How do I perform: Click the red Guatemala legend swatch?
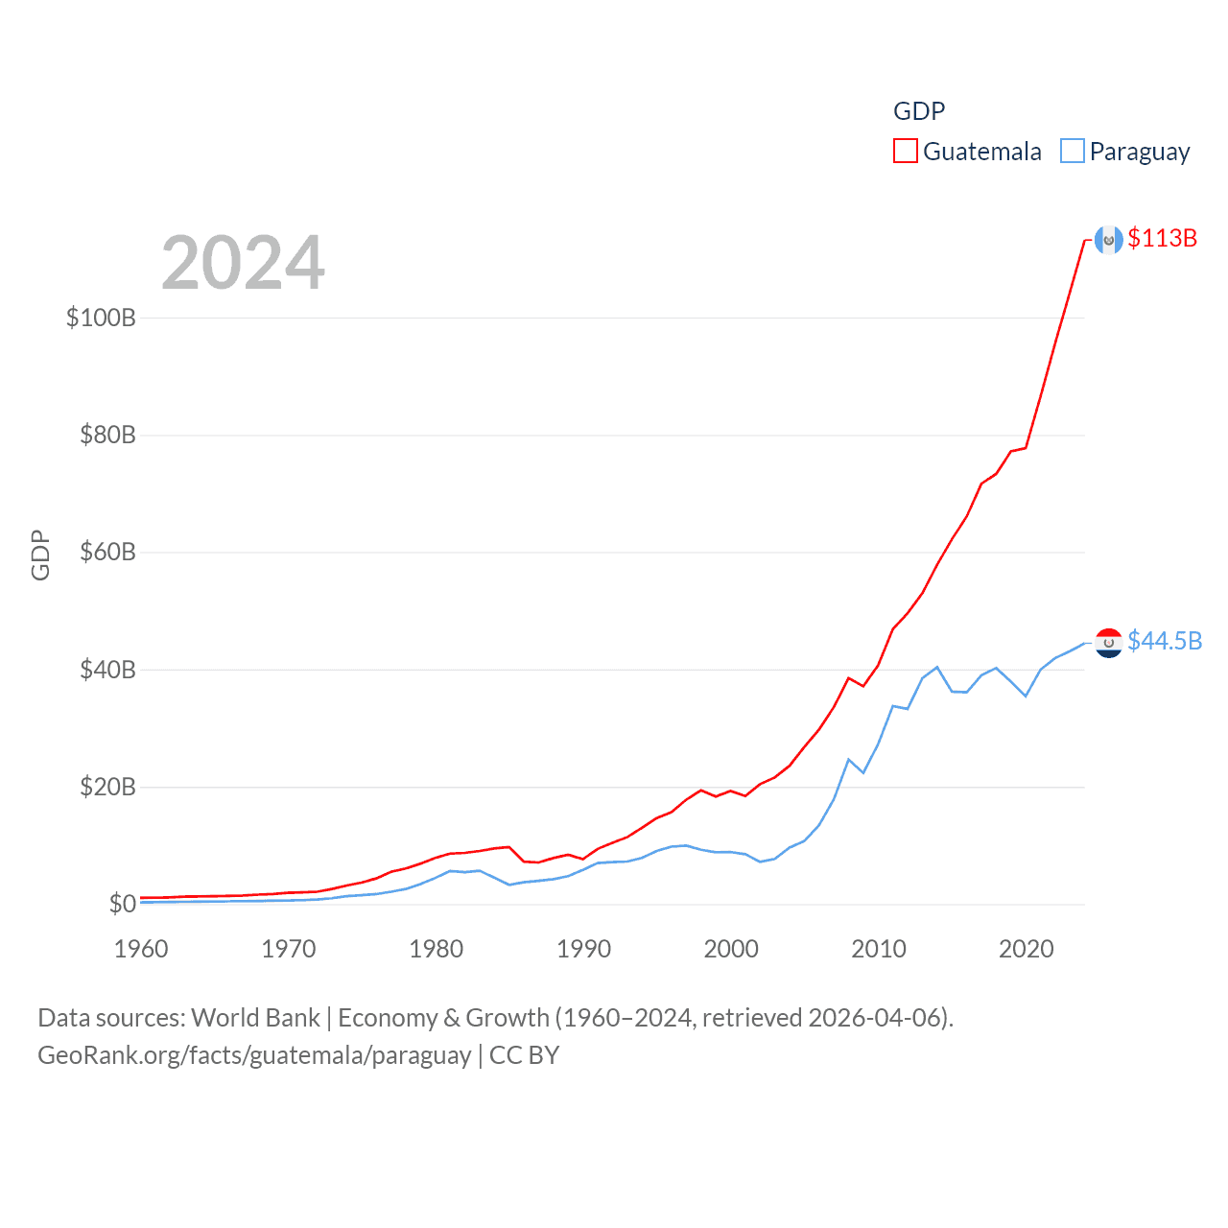(906, 152)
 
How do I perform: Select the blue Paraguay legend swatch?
(1073, 152)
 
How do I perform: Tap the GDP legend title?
(919, 111)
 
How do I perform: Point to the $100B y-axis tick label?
(101, 318)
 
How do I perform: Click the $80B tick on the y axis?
(107, 436)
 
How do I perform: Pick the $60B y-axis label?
(107, 553)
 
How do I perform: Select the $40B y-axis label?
(107, 670)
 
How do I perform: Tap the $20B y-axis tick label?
(107, 788)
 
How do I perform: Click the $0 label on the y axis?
(122, 904)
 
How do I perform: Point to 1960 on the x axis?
(141, 949)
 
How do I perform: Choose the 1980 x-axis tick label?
(437, 949)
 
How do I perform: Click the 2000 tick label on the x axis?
(731, 949)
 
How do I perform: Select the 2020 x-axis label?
(1027, 949)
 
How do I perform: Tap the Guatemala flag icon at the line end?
(1109, 240)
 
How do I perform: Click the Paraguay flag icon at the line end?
(1109, 643)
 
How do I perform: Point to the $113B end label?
(1163, 238)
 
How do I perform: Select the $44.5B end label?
(1165, 641)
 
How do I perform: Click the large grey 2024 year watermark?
(243, 263)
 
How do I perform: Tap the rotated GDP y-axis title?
(40, 555)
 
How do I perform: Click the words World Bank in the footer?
(256, 1018)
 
